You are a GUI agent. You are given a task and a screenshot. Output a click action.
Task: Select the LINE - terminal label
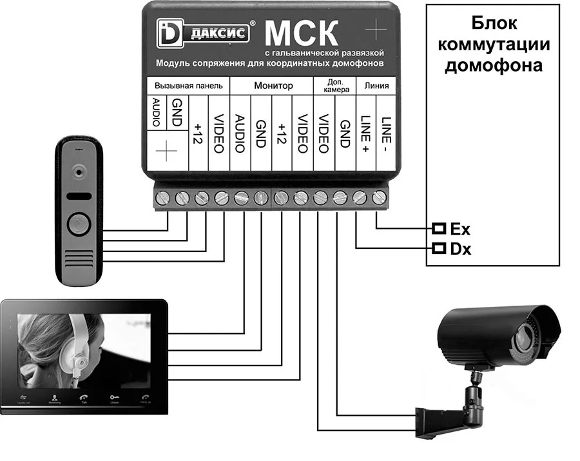[x=385, y=132]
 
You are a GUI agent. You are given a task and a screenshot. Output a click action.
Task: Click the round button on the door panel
[x=78, y=223]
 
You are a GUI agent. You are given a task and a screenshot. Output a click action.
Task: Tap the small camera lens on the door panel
[x=79, y=172]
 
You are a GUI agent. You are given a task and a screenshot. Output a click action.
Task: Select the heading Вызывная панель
[x=188, y=85]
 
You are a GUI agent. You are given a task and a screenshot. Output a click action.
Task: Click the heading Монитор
[x=273, y=85]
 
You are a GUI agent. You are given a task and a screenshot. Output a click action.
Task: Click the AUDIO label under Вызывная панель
[x=155, y=111]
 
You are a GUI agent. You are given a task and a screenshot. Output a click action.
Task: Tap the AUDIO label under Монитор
[x=240, y=133]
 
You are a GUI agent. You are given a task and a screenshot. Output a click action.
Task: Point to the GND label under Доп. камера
[x=345, y=132]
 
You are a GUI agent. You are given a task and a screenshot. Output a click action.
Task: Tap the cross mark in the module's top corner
[x=375, y=30]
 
